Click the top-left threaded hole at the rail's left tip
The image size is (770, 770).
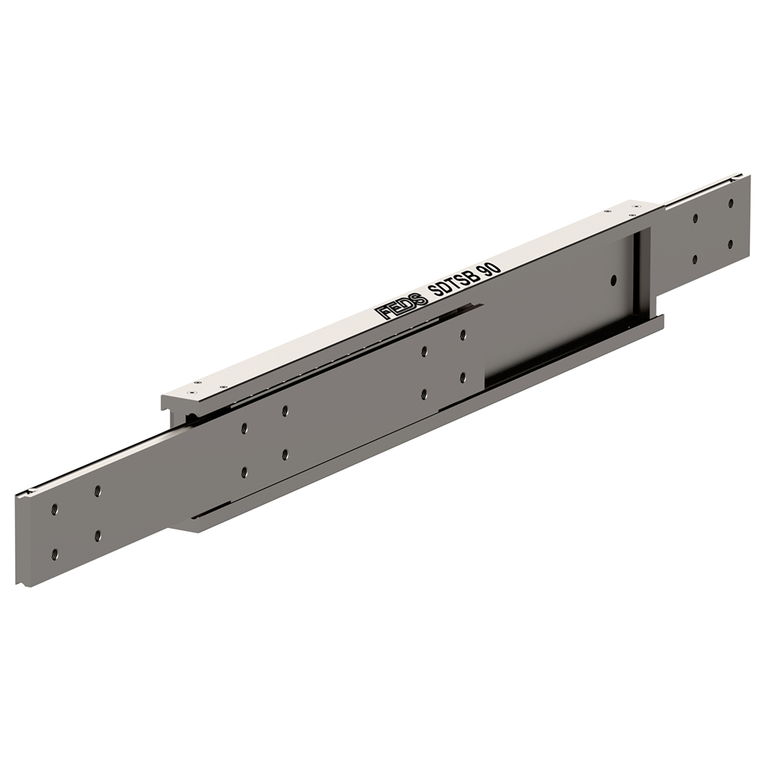(54, 510)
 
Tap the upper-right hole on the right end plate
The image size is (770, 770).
(731, 202)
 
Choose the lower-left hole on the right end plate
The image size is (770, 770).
(695, 260)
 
